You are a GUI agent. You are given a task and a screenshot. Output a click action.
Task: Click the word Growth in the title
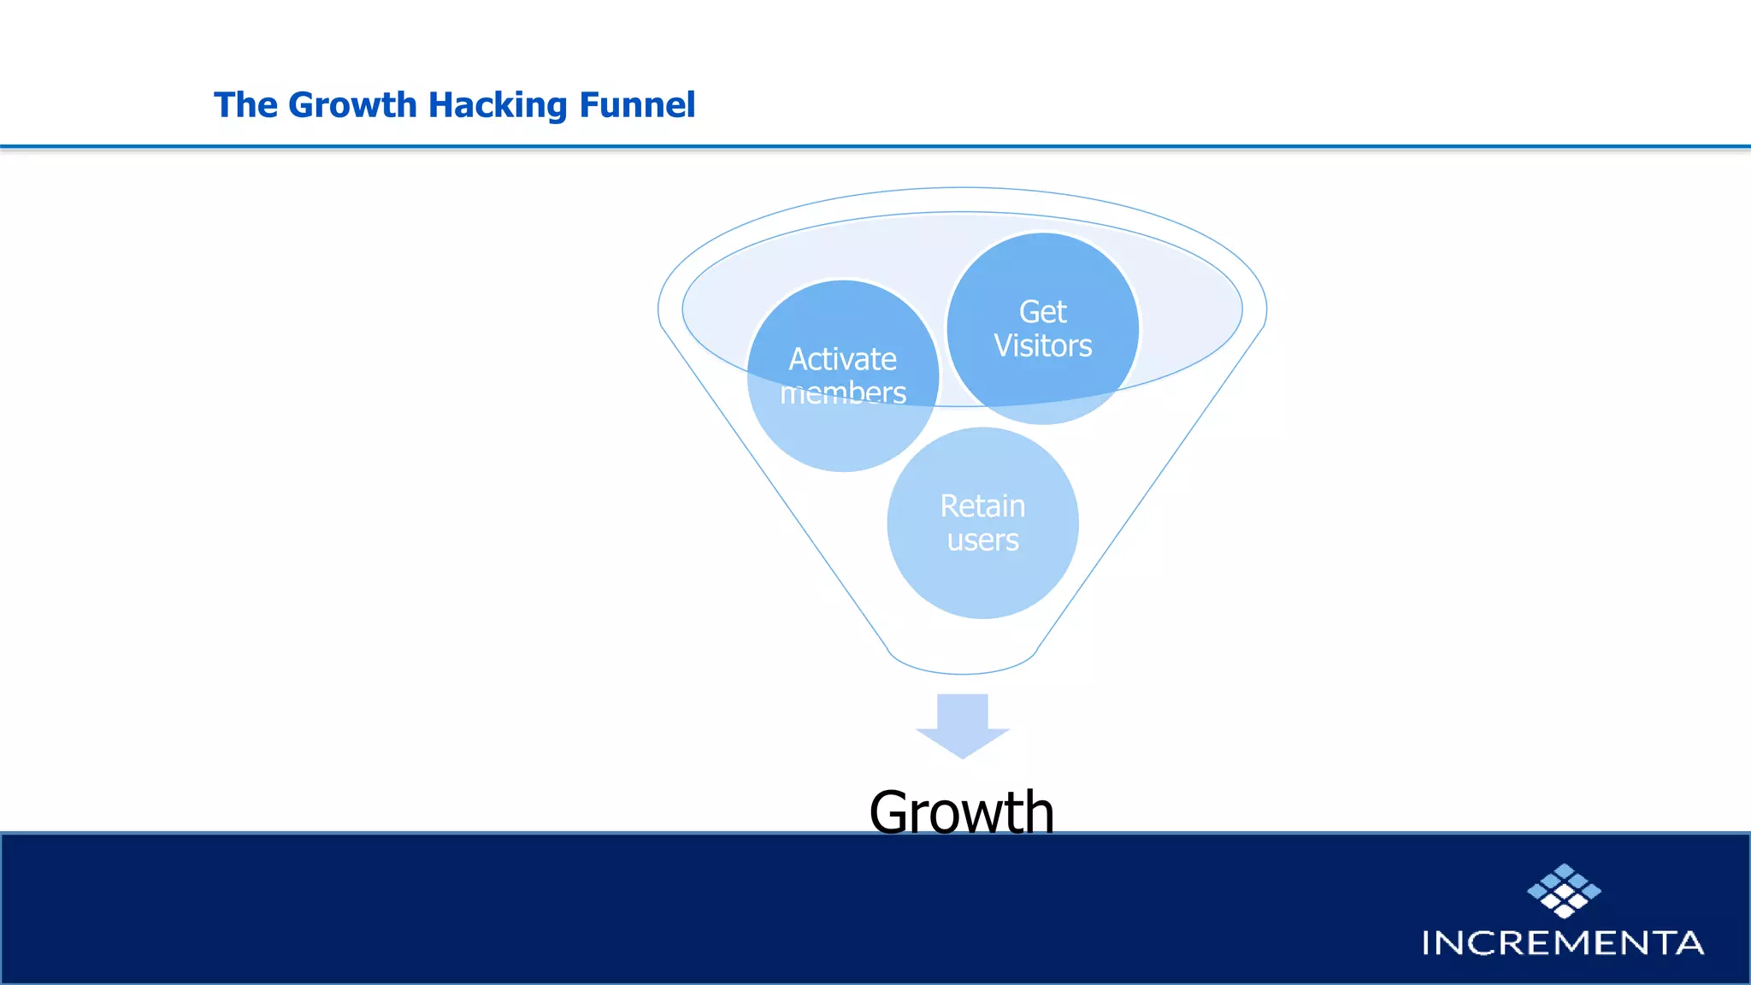[351, 105]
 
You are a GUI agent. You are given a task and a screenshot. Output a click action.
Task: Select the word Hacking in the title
[498, 105]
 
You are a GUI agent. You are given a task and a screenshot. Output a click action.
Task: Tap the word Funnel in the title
[637, 105]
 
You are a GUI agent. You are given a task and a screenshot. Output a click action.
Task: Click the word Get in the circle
[1042, 312]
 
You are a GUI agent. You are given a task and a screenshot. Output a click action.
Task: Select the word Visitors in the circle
[1042, 346]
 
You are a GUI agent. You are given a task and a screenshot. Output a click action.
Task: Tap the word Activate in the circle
[842, 359]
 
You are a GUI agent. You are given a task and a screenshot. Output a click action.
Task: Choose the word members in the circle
[842, 392]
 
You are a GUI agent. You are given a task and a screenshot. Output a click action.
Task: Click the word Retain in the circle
[982, 506]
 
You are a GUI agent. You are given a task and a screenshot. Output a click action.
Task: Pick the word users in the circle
[982, 540]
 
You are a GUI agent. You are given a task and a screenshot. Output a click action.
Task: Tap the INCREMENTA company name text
[1562, 942]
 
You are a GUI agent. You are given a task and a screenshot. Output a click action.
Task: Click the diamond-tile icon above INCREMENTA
[1564, 890]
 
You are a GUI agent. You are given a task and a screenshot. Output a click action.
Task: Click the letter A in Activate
[799, 359]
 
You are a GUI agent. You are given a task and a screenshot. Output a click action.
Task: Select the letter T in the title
[224, 105]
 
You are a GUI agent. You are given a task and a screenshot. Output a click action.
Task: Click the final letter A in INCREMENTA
[1689, 942]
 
